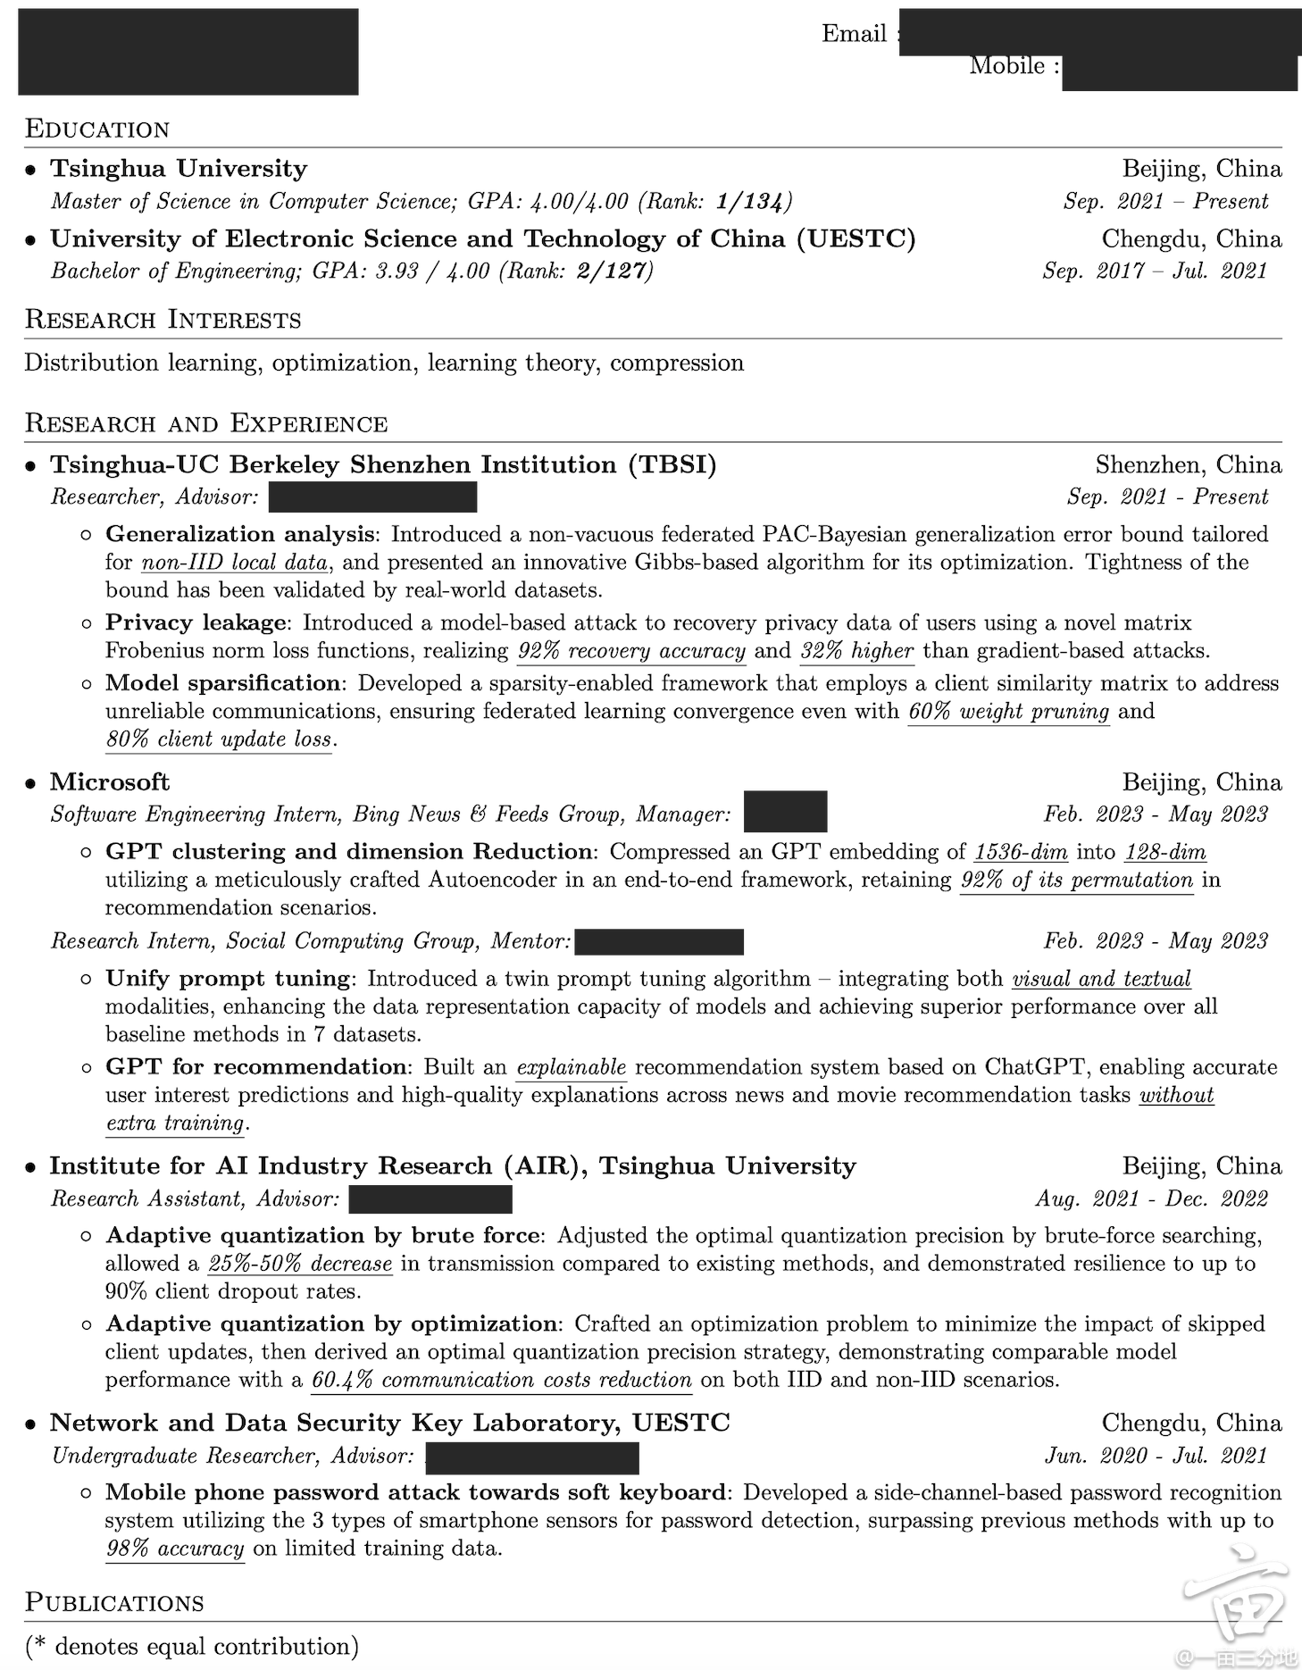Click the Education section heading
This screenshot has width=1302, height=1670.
click(x=96, y=129)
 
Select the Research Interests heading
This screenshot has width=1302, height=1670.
click(x=163, y=320)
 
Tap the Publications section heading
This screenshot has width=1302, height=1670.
click(x=114, y=1601)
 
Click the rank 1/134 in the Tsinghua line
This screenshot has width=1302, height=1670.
click(x=753, y=201)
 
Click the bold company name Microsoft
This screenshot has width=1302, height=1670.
click(x=109, y=781)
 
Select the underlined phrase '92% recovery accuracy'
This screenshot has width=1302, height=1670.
click(x=631, y=651)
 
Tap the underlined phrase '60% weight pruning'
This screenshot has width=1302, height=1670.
click(x=1008, y=712)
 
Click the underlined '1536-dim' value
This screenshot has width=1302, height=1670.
click(x=1021, y=852)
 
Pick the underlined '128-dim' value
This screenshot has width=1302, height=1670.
click(x=1165, y=852)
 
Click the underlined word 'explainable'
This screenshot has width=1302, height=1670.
click(x=572, y=1067)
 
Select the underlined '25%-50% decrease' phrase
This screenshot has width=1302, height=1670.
click(x=300, y=1264)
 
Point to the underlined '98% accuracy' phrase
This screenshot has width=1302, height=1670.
click(x=175, y=1549)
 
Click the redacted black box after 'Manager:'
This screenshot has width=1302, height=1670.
click(x=785, y=812)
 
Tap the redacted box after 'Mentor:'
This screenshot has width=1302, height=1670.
click(x=659, y=941)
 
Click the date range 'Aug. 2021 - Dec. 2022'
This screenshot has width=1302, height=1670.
click(x=1151, y=1198)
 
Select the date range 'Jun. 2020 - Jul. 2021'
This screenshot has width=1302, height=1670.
click(x=1156, y=1456)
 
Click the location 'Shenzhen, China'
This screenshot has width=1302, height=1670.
click(x=1188, y=464)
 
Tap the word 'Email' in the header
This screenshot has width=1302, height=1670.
click(x=854, y=34)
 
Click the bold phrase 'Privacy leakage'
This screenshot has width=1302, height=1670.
click(x=196, y=622)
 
